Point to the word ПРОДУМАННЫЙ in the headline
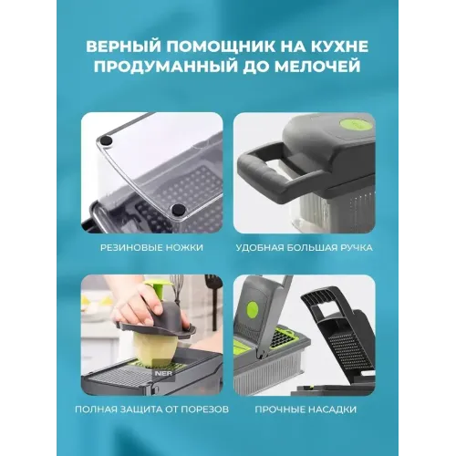165,67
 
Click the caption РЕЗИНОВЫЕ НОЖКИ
151,247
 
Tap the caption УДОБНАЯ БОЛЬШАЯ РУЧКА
304,247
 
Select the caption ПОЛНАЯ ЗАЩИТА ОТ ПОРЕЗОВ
151,409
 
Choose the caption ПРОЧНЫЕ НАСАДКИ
306,409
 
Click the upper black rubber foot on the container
107,140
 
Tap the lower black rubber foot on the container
178,210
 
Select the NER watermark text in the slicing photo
163,373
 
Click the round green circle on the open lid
253,309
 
